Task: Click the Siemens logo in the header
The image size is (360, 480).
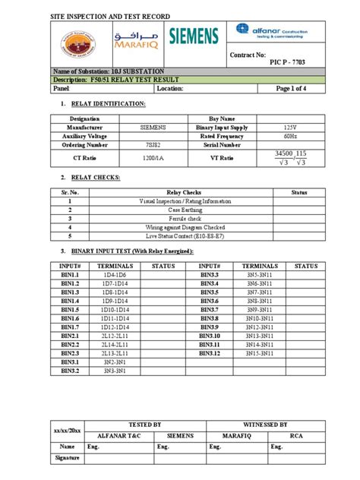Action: click(193, 35)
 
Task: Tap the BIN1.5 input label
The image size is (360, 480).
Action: click(70, 310)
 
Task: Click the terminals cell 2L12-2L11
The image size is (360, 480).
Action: click(119, 335)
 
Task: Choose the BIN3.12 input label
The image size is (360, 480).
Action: click(210, 352)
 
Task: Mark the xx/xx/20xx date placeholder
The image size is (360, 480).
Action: click(67, 430)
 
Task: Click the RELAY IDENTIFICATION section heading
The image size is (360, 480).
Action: click(107, 103)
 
